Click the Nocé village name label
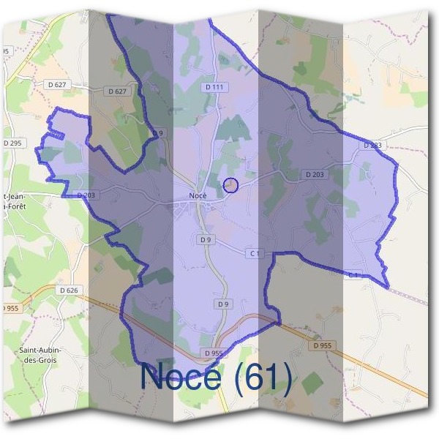pyautogui.click(x=198, y=195)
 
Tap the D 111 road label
pyautogui.click(x=214, y=87)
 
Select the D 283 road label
pyautogui.click(x=372, y=146)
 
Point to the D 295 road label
pyautogui.click(x=12, y=143)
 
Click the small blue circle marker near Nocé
pyautogui.click(x=230, y=186)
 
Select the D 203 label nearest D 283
pyautogui.click(x=313, y=175)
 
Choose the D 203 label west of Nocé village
pyautogui.click(x=86, y=195)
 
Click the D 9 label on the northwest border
pyautogui.click(x=158, y=132)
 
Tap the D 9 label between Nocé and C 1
pyautogui.click(x=205, y=239)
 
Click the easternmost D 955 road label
pyautogui.click(x=322, y=345)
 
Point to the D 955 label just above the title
pyautogui.click(x=214, y=353)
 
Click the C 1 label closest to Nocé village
pyautogui.click(x=254, y=253)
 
